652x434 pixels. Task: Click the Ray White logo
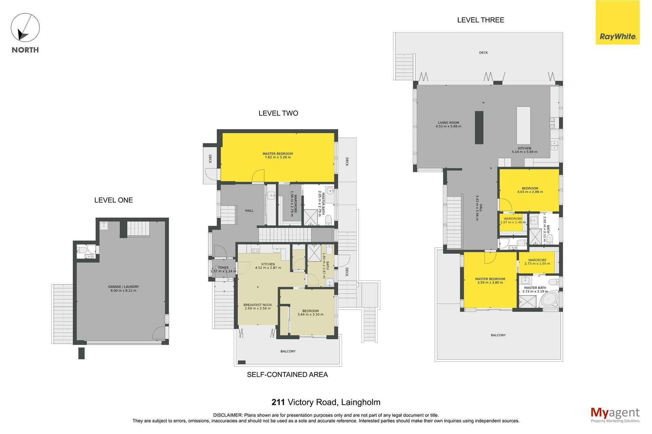pos(617,22)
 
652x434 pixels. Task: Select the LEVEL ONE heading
pos(113,200)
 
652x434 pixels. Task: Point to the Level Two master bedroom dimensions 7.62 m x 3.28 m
pos(277,157)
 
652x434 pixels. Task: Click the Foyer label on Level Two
pos(223,268)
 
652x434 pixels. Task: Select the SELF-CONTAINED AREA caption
pos(287,375)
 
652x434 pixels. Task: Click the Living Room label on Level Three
pos(448,123)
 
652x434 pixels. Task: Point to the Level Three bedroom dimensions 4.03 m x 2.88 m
pos(530,192)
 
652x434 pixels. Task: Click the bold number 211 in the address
pos(278,402)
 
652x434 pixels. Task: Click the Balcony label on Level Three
pos(498,335)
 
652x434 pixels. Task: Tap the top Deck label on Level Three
pos(483,53)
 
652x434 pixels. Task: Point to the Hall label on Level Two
pos(249,211)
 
